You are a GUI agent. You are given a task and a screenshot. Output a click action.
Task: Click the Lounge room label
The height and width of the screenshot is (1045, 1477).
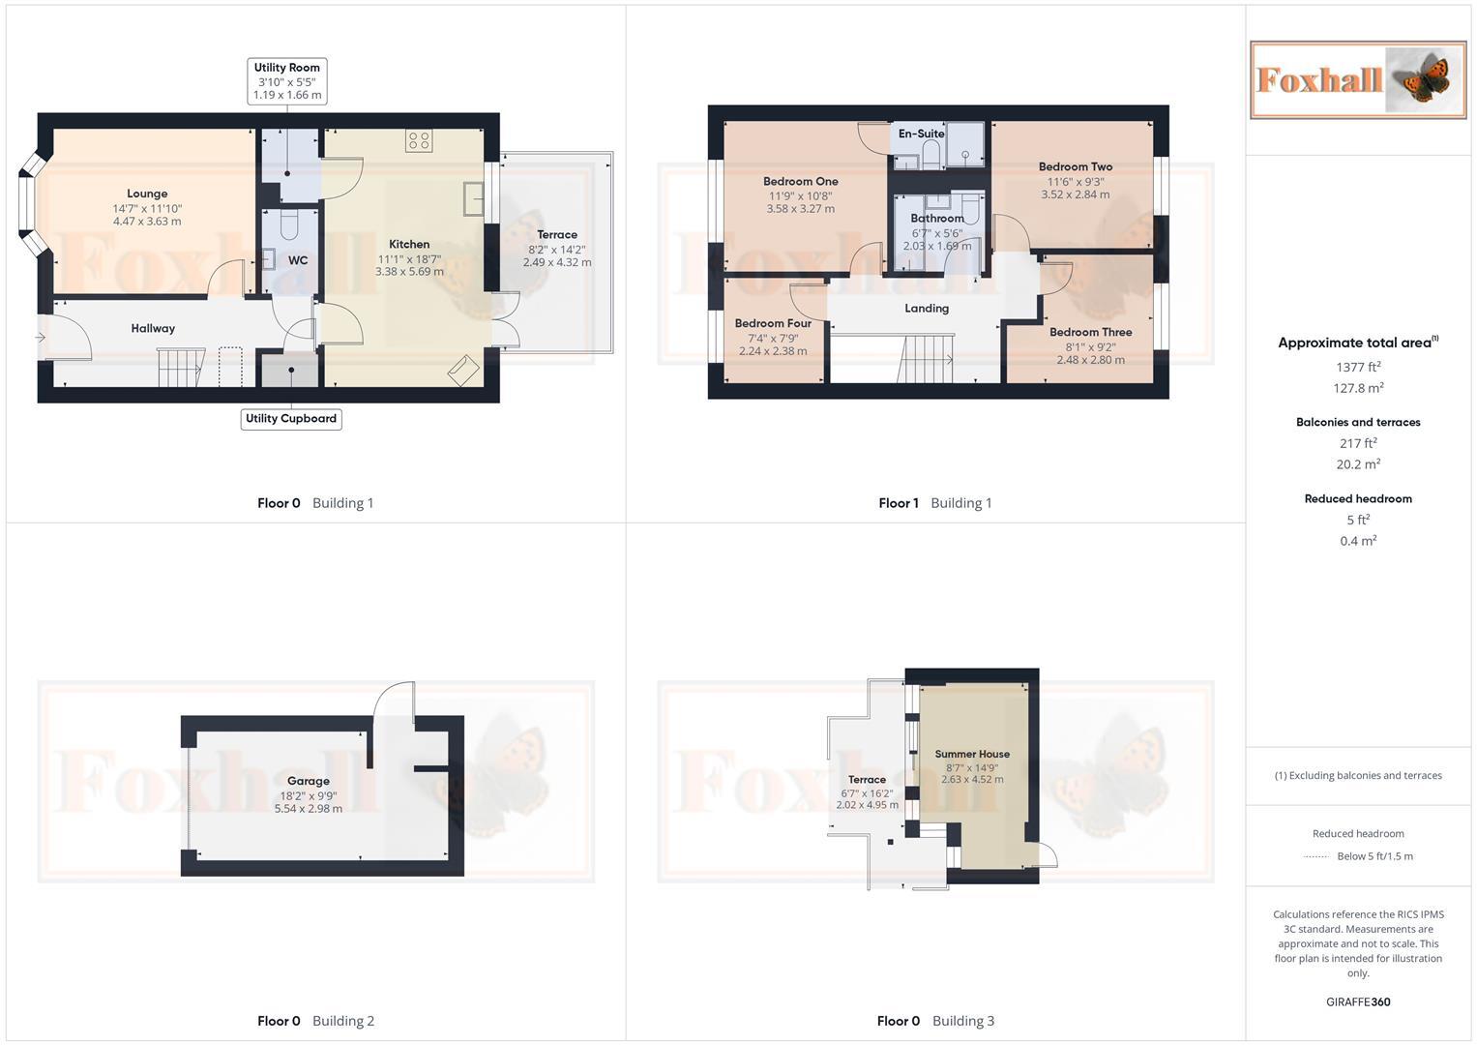pyautogui.click(x=147, y=194)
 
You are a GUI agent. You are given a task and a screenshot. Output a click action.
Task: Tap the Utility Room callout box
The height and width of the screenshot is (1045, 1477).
pyautogui.click(x=286, y=81)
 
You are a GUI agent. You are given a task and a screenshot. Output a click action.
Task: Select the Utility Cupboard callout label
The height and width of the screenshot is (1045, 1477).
pyautogui.click(x=291, y=419)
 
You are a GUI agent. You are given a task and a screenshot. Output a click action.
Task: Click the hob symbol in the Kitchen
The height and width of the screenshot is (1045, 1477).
pyautogui.click(x=419, y=141)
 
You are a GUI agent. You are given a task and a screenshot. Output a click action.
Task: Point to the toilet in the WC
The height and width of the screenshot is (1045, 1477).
pyautogui.click(x=288, y=226)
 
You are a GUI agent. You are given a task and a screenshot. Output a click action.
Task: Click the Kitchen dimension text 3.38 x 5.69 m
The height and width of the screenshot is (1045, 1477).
pyautogui.click(x=409, y=272)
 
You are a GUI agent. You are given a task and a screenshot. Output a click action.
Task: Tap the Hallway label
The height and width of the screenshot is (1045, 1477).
pyautogui.click(x=153, y=329)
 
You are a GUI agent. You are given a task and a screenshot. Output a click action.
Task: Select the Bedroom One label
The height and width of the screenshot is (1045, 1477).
pyautogui.click(x=800, y=182)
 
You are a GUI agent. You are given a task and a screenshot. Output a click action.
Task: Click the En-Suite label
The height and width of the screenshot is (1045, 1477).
pyautogui.click(x=920, y=134)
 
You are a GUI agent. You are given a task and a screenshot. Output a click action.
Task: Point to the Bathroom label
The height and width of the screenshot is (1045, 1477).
pyautogui.click(x=936, y=219)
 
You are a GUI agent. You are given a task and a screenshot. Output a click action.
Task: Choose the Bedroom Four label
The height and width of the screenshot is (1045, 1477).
pyautogui.click(x=773, y=324)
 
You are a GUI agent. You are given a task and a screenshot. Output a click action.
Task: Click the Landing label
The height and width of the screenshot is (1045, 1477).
pyautogui.click(x=926, y=309)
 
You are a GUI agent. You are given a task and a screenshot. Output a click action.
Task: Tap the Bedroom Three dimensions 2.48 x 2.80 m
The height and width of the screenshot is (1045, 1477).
pyautogui.click(x=1090, y=360)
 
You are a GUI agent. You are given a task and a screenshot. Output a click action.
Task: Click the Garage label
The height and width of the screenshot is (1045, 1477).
pyautogui.click(x=308, y=781)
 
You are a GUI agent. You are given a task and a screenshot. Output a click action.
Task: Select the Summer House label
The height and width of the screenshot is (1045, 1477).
pyautogui.click(x=972, y=754)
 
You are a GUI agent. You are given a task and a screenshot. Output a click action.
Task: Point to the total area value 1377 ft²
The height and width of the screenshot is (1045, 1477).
pyautogui.click(x=1358, y=367)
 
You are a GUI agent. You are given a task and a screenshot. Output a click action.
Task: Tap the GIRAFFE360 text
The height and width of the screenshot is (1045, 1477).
pyautogui.click(x=1357, y=1002)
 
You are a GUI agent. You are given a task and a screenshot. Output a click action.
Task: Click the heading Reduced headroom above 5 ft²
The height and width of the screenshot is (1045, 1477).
pyautogui.click(x=1358, y=499)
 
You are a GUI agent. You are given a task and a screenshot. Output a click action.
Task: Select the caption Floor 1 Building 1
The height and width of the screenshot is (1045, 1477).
pyautogui.click(x=934, y=503)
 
